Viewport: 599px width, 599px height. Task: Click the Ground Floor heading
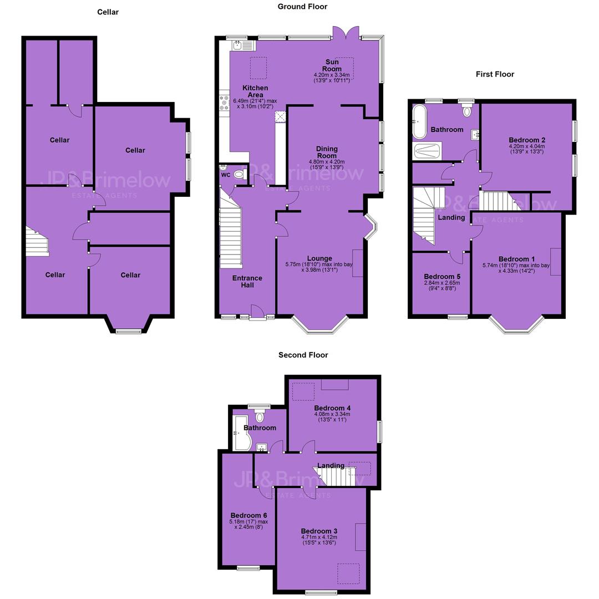point(302,7)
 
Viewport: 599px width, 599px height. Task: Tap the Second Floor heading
point(303,355)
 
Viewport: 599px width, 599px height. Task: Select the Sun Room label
point(332,65)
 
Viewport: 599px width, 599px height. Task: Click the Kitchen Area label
point(255,92)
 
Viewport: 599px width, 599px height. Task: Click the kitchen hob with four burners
point(224,103)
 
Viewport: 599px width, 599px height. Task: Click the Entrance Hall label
point(247,282)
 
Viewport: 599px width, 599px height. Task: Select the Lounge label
point(319,258)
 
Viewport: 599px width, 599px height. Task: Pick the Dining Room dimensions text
point(327,165)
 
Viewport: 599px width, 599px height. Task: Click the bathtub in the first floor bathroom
point(419,122)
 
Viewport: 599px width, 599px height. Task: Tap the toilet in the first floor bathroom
point(467,110)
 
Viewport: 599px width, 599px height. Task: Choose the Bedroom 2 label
point(527,140)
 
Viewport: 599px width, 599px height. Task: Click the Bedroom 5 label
point(442,277)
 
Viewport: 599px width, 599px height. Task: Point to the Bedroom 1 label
point(516,259)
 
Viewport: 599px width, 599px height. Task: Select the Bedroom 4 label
point(332,408)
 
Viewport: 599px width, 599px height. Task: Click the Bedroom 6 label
point(248,515)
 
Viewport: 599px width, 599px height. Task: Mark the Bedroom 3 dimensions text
point(319,540)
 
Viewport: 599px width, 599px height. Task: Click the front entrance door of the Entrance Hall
point(258,311)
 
